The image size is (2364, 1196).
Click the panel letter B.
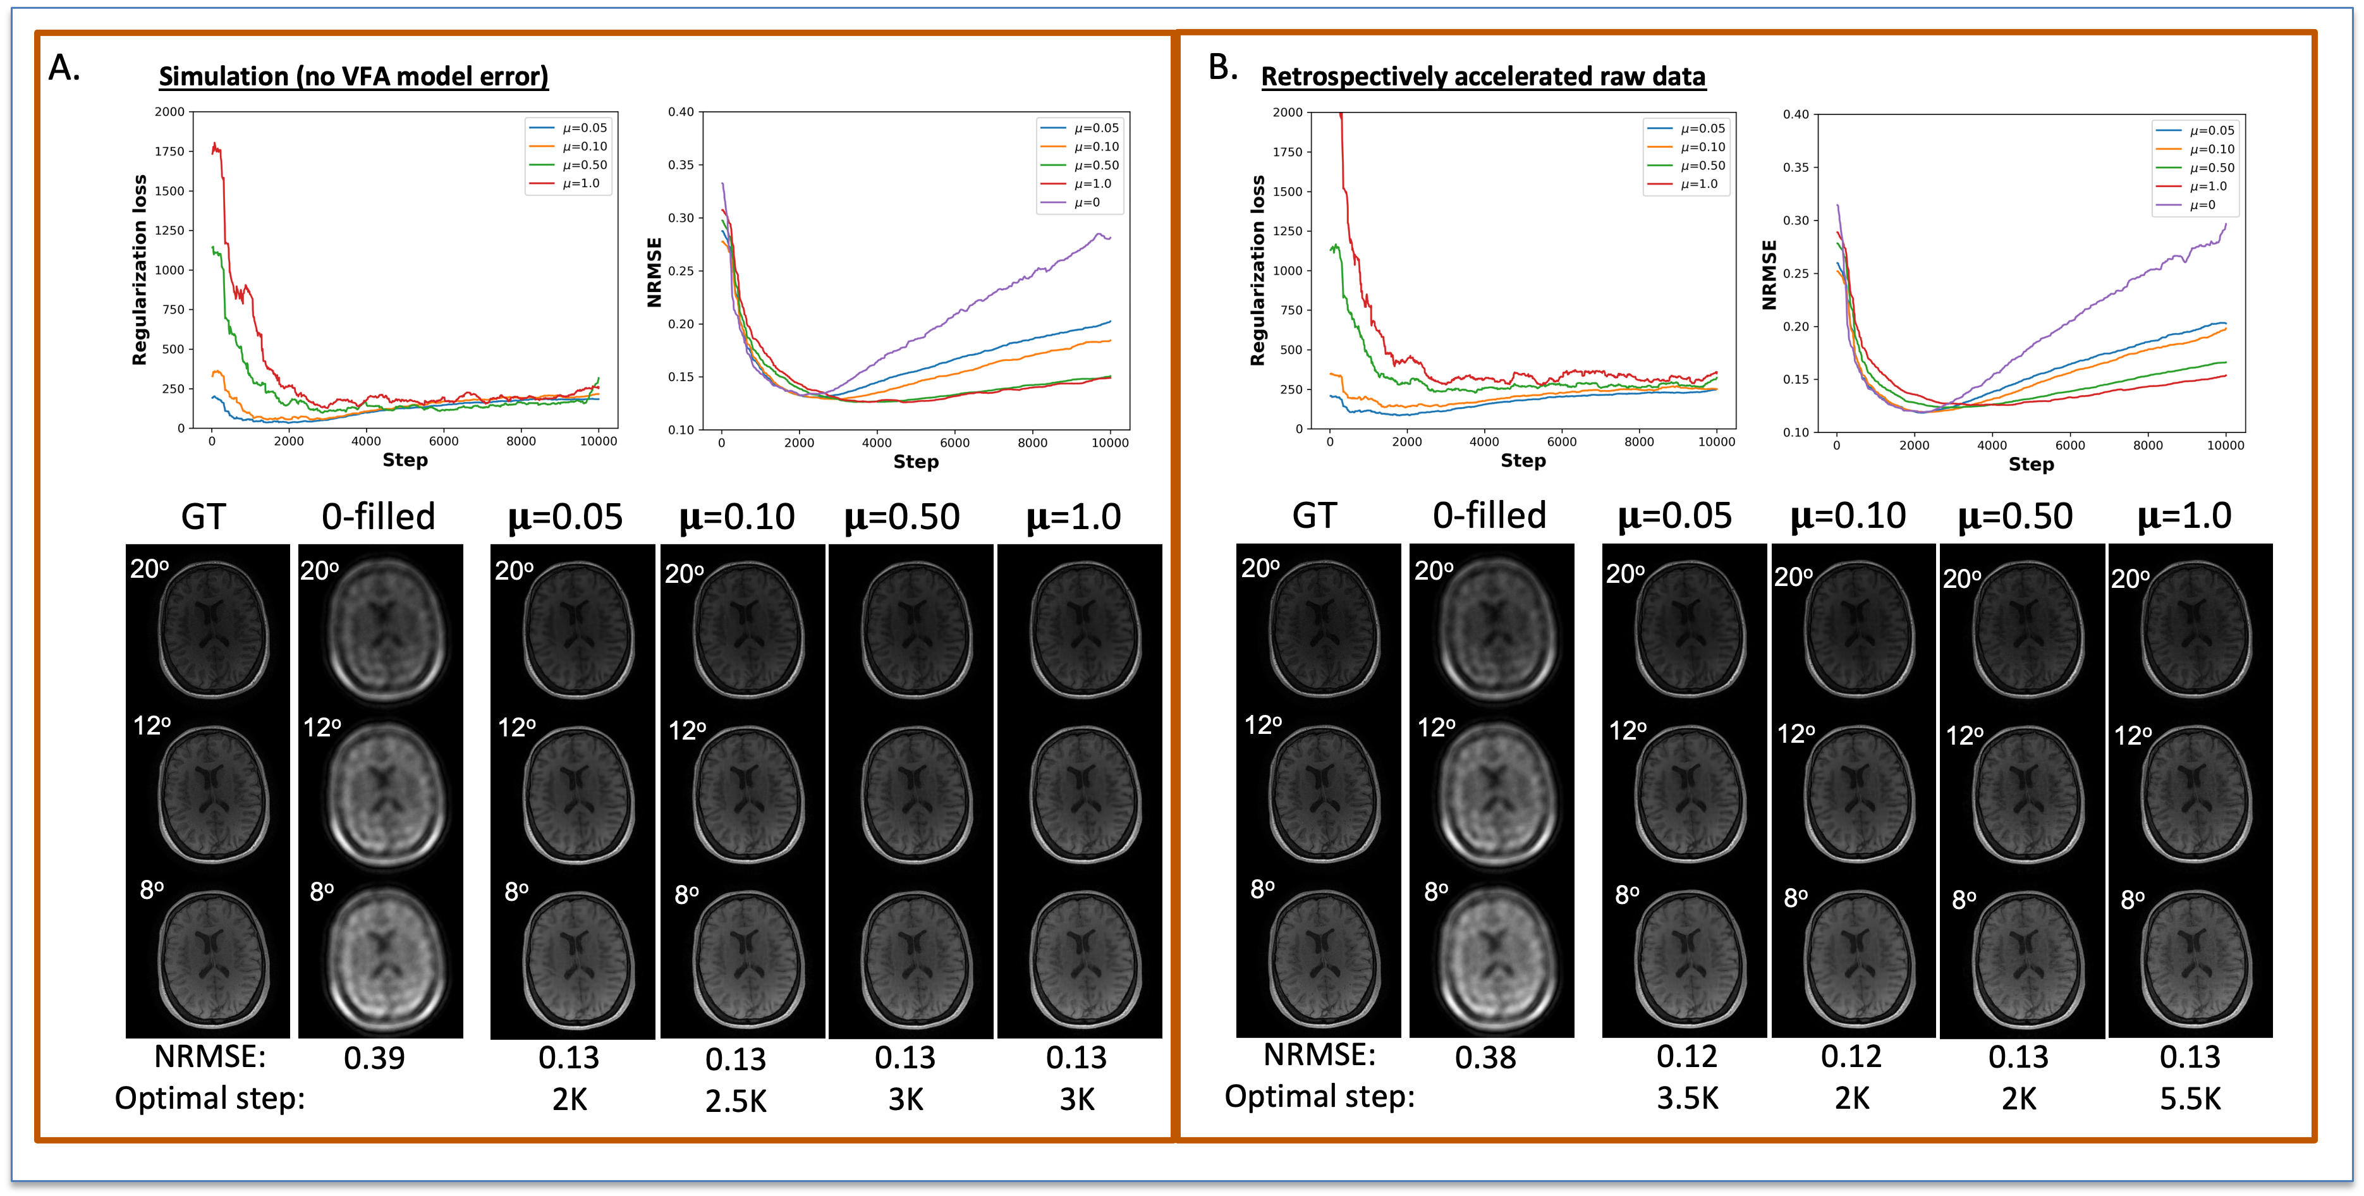coord(1222,67)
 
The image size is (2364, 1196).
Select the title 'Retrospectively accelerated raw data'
coord(1483,76)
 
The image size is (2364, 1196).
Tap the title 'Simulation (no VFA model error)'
coord(353,76)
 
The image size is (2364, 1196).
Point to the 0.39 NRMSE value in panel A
coord(374,1058)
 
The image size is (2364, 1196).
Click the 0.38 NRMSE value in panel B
coord(1485,1058)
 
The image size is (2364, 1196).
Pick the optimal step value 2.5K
coord(736,1101)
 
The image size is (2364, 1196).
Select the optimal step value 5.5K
coord(2190,1099)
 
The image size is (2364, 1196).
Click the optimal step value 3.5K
coord(1687,1099)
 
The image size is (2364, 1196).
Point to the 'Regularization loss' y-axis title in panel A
coord(140,270)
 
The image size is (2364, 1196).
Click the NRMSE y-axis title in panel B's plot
coord(1769,274)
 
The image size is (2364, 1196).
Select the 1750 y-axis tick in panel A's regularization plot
coord(170,152)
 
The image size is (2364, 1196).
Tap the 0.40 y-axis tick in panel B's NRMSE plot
coord(1795,115)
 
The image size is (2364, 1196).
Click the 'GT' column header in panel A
coord(203,516)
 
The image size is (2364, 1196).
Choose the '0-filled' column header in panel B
coord(1489,516)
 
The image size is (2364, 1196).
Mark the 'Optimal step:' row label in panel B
coord(1320,1097)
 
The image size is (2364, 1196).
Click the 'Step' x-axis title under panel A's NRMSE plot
coord(916,461)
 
